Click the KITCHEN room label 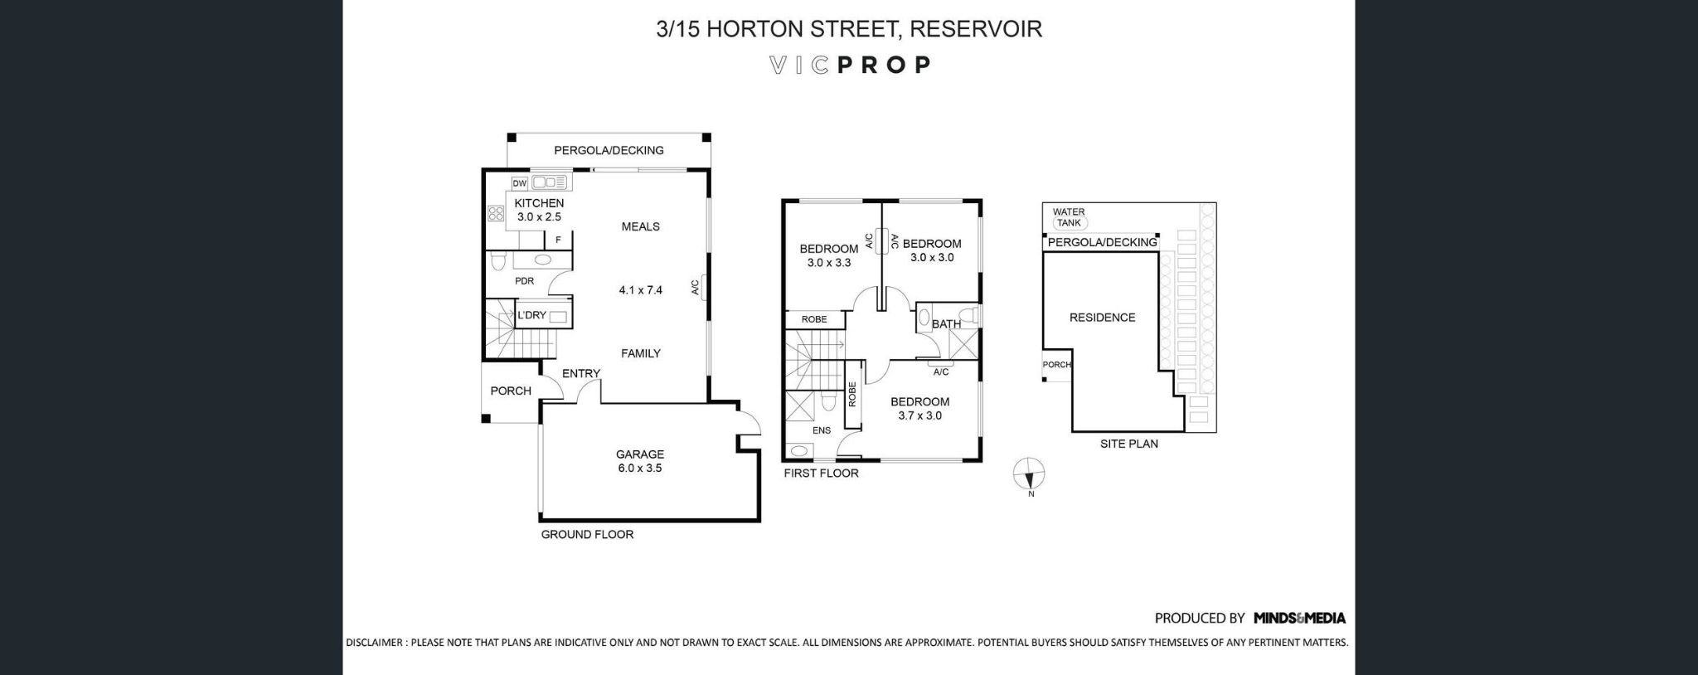(x=539, y=203)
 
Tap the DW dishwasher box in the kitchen (x=520, y=183)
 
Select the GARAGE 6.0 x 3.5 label (x=639, y=461)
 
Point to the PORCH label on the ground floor (x=511, y=391)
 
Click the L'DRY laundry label (x=531, y=315)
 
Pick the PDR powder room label (x=524, y=281)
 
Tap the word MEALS (x=641, y=226)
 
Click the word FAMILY (x=641, y=353)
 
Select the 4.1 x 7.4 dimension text (x=641, y=290)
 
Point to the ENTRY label (x=580, y=373)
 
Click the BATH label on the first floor (x=946, y=324)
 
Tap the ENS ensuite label (x=822, y=430)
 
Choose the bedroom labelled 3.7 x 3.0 (x=919, y=409)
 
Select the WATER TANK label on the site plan (x=1069, y=217)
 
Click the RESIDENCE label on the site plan (x=1102, y=318)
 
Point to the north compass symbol (x=1029, y=475)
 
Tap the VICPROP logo (x=850, y=65)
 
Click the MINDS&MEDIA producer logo (x=1299, y=618)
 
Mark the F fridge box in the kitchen (x=558, y=240)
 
